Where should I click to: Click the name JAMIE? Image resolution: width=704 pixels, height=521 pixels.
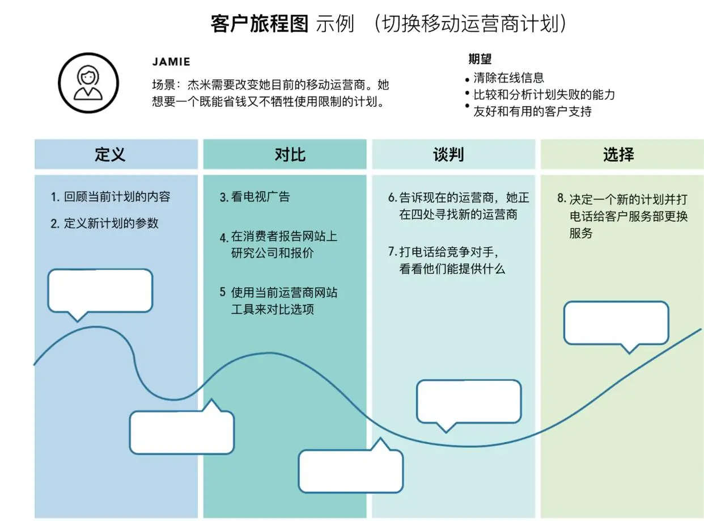[171, 61]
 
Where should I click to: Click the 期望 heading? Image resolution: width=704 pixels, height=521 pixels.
[480, 59]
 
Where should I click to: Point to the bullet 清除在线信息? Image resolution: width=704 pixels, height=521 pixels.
[508, 78]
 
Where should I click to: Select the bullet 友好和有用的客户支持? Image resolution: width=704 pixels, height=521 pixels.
[532, 111]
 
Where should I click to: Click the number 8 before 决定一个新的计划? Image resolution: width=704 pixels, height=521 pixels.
[562, 199]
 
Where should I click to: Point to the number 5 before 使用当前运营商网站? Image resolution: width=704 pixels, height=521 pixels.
[223, 292]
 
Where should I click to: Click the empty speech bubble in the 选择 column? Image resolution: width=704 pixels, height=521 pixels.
[617, 323]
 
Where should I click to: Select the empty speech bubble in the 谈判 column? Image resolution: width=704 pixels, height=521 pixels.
[469, 401]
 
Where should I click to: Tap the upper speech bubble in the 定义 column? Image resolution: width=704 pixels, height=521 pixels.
[100, 291]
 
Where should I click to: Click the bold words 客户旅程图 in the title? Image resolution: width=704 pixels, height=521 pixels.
[259, 24]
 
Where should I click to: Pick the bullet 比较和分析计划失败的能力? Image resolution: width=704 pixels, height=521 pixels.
[544, 95]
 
